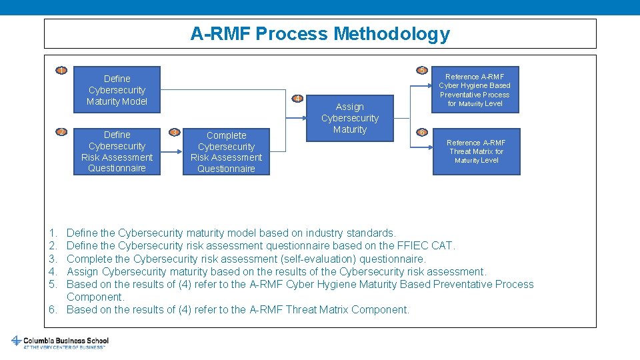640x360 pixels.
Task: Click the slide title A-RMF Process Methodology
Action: [x=320, y=33]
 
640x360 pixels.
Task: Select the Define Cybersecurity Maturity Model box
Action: [x=117, y=90]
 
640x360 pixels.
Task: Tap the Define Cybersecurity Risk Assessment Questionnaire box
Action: [x=117, y=151]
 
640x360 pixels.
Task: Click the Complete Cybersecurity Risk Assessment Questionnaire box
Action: [x=226, y=152]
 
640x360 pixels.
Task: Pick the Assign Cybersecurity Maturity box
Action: [x=349, y=118]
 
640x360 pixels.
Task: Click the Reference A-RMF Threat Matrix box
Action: [x=476, y=151]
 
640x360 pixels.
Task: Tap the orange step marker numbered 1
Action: [x=61, y=71]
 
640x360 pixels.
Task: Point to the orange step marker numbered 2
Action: [x=61, y=132]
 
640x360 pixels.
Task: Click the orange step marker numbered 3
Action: [x=174, y=132]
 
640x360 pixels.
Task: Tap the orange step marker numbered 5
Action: [x=421, y=71]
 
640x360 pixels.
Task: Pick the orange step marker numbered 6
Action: [x=421, y=132]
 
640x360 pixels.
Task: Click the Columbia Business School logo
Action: [x=60, y=342]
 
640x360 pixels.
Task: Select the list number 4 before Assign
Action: [x=53, y=271]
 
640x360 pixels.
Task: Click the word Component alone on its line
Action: [x=95, y=297]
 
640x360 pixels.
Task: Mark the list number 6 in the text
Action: [x=53, y=309]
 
